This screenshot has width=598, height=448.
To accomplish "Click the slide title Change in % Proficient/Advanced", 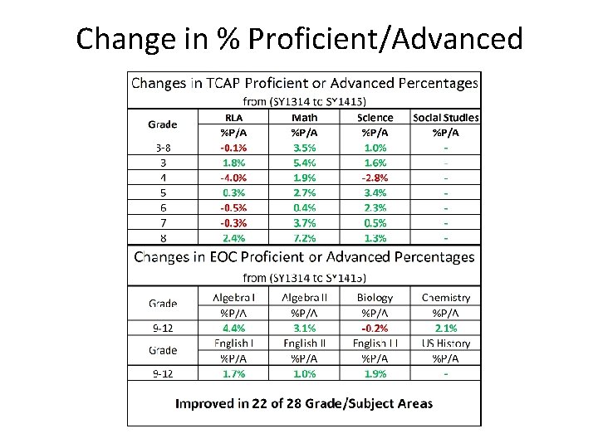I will (299, 38).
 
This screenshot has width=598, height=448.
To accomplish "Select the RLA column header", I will (233, 118).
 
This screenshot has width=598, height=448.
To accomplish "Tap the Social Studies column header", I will (446, 118).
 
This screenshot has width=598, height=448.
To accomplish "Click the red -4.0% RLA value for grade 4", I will (233, 178).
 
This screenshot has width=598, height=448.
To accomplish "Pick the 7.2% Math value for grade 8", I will (304, 238).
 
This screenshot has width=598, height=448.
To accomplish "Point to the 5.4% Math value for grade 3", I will (304, 163).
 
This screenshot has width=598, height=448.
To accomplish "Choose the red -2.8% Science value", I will (375, 178).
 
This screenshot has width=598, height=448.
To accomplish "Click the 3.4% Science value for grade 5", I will (375, 192).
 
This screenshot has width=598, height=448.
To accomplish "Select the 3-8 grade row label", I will (163, 148).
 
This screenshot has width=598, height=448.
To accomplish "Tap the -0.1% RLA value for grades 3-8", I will (233, 148).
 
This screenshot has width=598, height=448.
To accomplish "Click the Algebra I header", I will (233, 297).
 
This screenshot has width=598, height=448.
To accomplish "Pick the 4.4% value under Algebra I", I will (233, 328).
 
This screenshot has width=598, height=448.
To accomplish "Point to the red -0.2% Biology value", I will (375, 328).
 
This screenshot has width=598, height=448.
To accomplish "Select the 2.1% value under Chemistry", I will (446, 328).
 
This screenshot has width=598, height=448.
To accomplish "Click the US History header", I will (446, 343).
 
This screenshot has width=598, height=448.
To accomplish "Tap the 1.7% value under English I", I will (233, 373).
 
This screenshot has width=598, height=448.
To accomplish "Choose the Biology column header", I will (375, 297).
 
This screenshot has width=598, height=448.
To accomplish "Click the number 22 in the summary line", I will (262, 404).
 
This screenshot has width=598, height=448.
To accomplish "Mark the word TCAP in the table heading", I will (214, 83).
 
